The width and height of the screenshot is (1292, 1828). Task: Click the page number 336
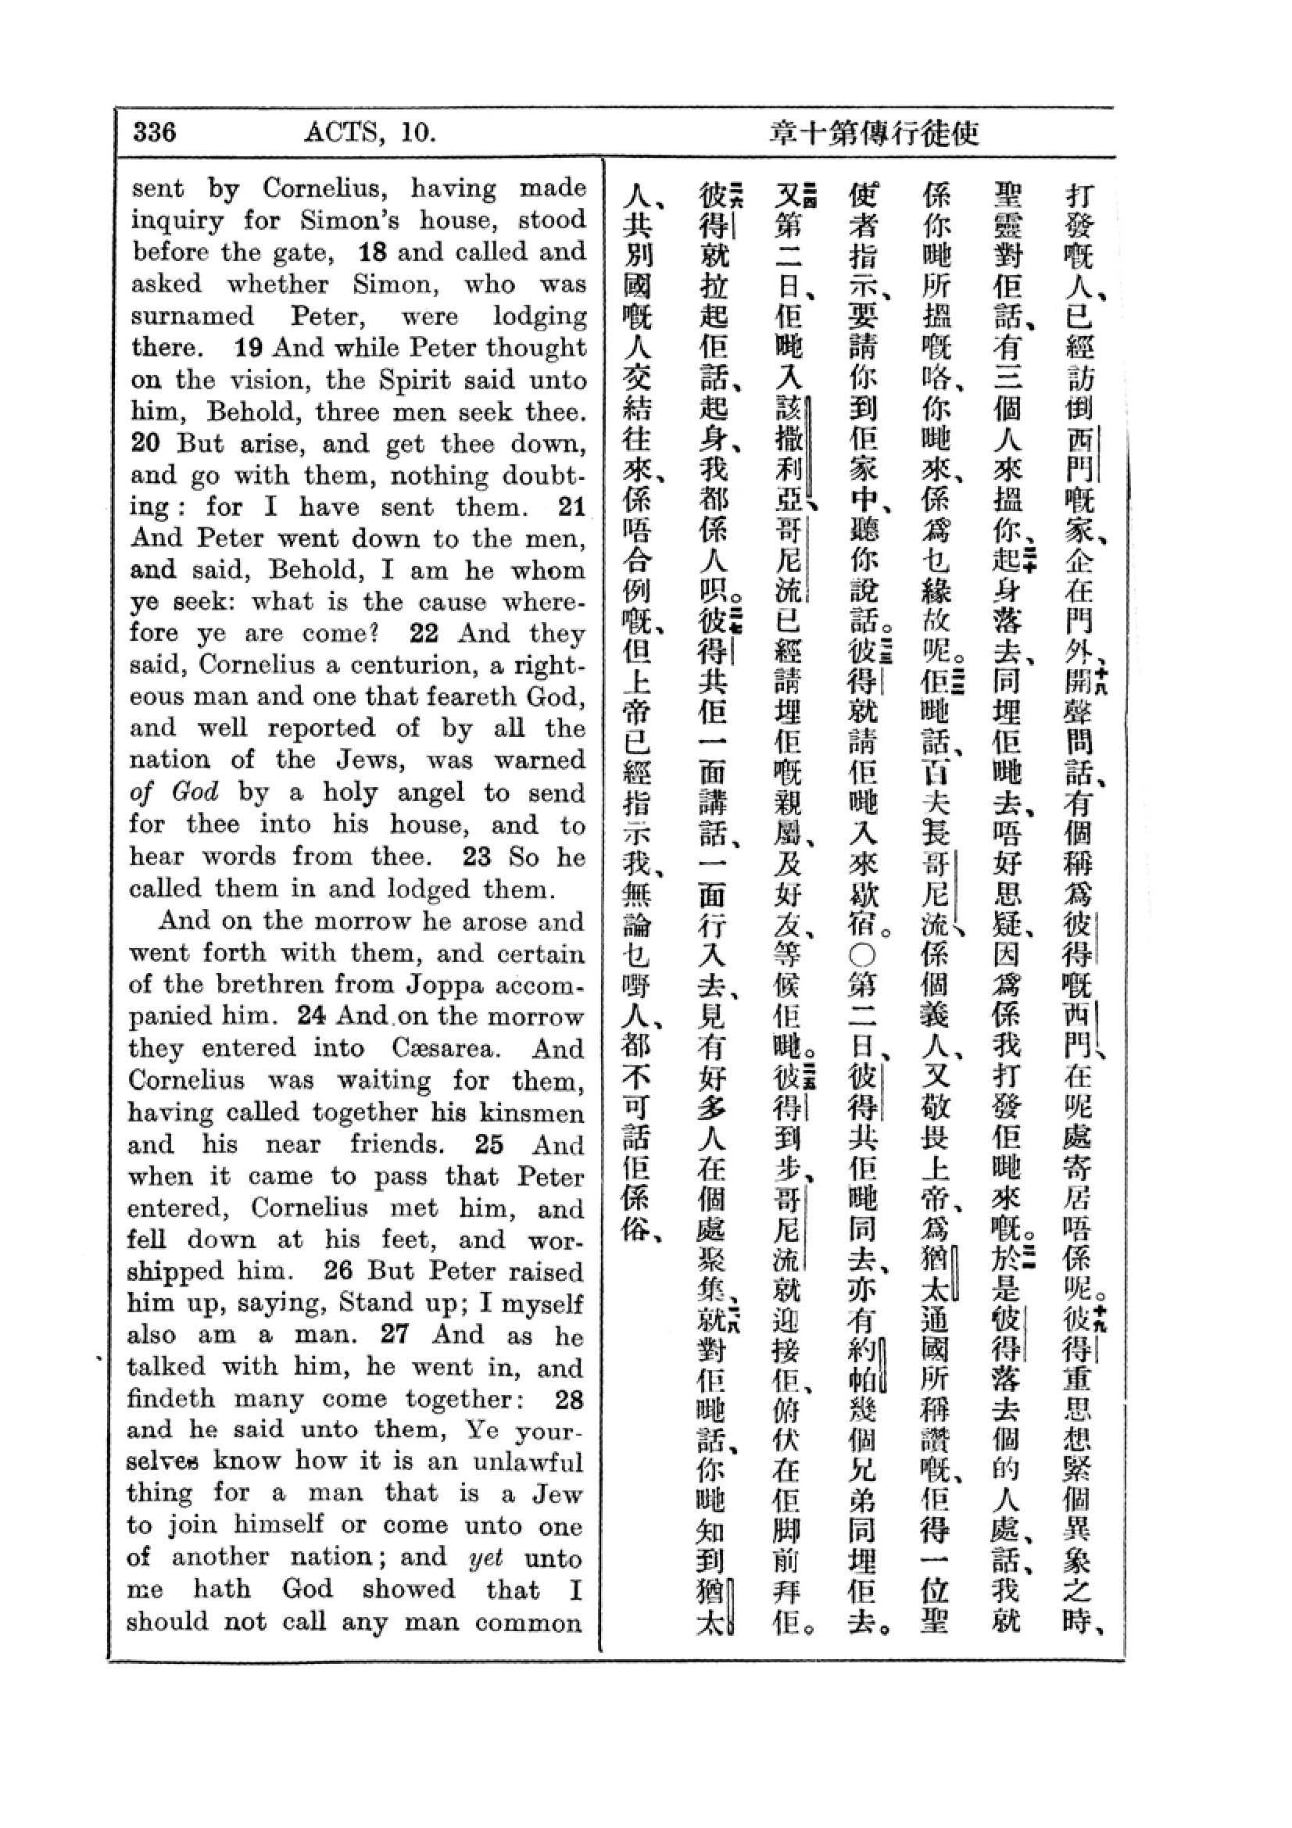(155, 131)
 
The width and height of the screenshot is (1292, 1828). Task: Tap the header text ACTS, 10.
(370, 131)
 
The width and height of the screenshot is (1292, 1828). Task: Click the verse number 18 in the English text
(373, 252)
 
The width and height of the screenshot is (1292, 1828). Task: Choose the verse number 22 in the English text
(424, 634)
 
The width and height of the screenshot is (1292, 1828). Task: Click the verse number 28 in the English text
(569, 1399)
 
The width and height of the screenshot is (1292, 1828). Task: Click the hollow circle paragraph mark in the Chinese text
(864, 954)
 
